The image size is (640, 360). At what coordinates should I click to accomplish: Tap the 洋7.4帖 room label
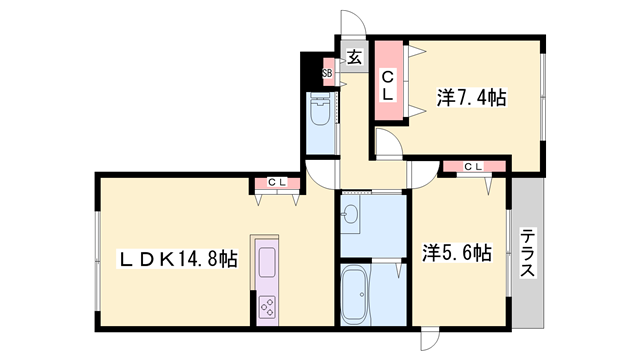coord(470,97)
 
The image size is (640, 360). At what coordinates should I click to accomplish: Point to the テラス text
coord(527,254)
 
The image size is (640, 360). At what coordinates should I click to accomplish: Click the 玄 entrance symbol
coord(354,56)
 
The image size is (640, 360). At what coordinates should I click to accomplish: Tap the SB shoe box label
coord(327,73)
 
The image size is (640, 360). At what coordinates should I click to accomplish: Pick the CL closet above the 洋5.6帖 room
coord(472,166)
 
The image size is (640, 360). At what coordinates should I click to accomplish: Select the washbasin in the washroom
coord(351,213)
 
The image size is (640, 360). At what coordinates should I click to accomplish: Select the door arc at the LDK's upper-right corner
coord(320,175)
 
